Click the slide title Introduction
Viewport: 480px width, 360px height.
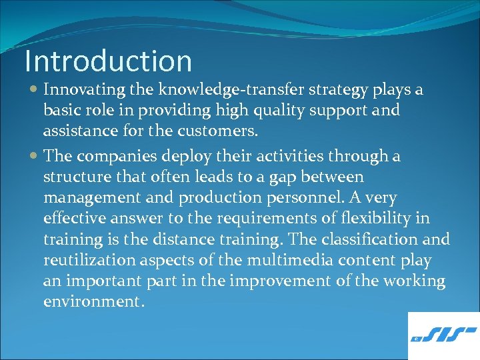point(108,61)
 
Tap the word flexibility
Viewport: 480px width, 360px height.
point(375,219)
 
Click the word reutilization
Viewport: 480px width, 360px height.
point(91,260)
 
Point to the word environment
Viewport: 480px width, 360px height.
point(93,301)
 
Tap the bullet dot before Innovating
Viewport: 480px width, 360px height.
point(35,90)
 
